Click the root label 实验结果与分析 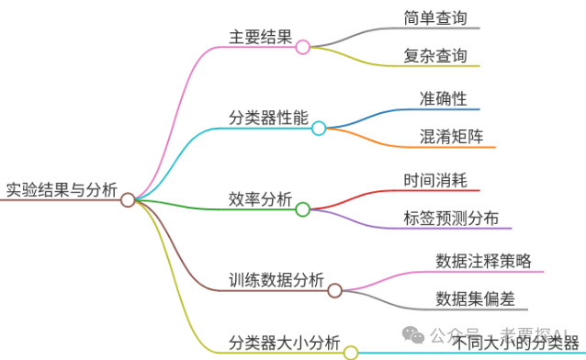[x=62, y=190]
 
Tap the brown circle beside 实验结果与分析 [x=128, y=199]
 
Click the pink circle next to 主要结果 [x=303, y=47]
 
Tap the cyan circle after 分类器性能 [x=319, y=129]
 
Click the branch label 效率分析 [x=260, y=199]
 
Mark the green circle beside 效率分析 [x=302, y=209]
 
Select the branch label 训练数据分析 [x=276, y=280]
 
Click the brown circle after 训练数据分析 [x=334, y=290]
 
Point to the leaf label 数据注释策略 [x=483, y=261]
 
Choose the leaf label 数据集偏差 [x=475, y=298]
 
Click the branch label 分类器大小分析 [x=284, y=343]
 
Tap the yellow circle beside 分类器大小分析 [x=350, y=352]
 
